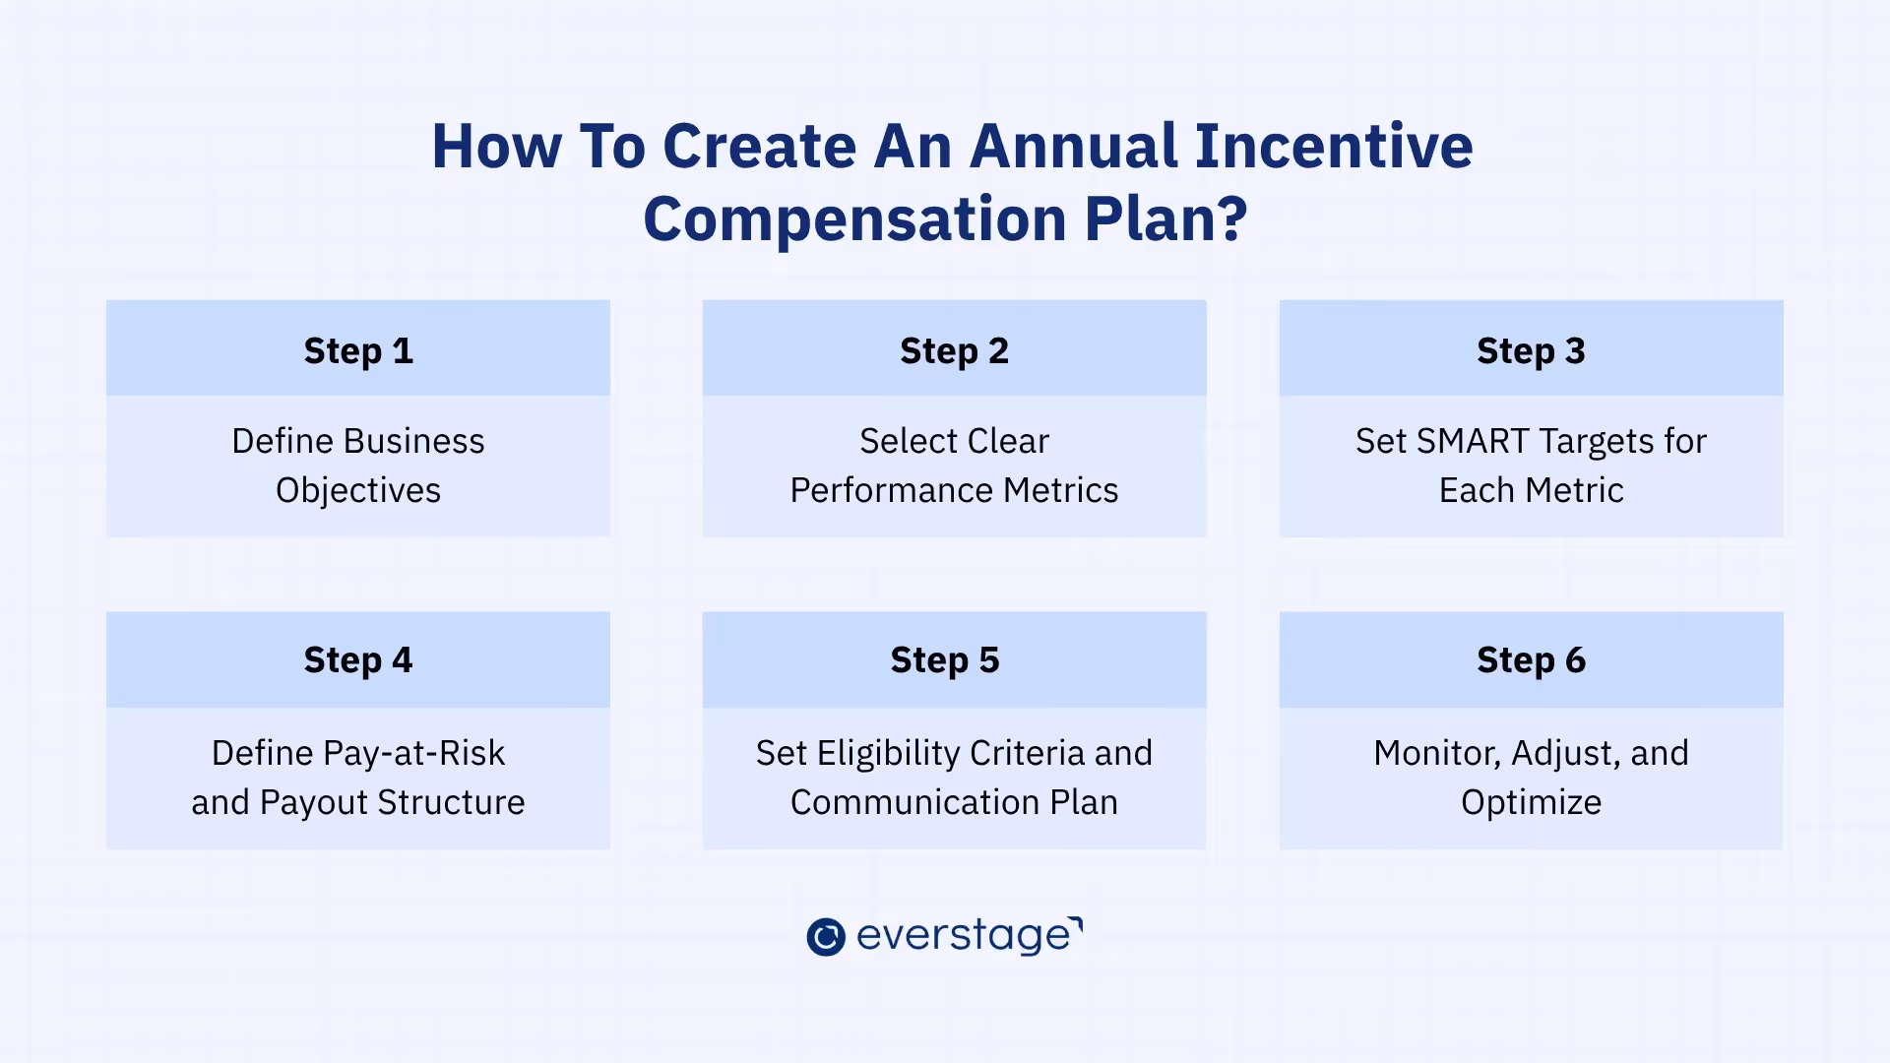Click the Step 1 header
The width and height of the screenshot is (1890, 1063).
click(x=358, y=351)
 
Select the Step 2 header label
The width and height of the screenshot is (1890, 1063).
click(x=954, y=351)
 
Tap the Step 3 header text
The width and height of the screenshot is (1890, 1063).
click(x=1531, y=351)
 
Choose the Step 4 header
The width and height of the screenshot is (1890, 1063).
click(x=358, y=660)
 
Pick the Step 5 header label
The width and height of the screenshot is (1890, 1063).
click(x=944, y=660)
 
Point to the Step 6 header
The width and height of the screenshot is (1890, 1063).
click(x=1531, y=660)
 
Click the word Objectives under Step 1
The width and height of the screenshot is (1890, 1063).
click(x=358, y=491)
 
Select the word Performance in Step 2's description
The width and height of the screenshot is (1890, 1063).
click(x=884, y=491)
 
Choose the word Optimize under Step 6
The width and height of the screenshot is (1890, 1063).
click(x=1531, y=803)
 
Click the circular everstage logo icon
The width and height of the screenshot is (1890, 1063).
click(x=825, y=937)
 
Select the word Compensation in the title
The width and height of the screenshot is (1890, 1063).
click(x=854, y=219)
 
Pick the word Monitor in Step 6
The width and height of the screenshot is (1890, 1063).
click(x=1435, y=754)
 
